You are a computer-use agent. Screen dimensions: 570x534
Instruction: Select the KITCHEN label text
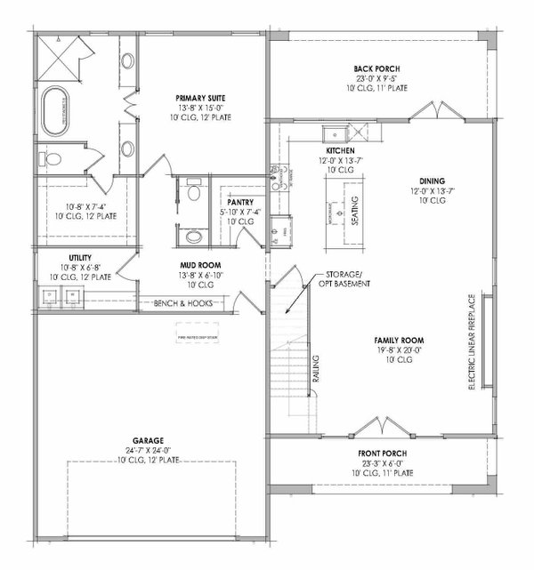click(x=339, y=151)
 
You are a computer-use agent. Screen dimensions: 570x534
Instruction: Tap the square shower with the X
click(x=60, y=59)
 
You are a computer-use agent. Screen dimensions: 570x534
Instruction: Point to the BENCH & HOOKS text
click(x=182, y=304)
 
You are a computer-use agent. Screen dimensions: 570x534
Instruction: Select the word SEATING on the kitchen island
click(x=353, y=211)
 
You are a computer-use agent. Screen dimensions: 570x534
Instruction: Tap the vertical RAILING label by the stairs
click(x=315, y=373)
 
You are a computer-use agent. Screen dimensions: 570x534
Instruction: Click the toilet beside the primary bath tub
click(x=53, y=160)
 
